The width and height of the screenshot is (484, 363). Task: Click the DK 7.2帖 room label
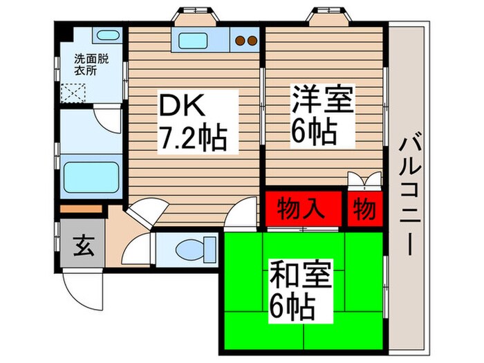(194, 124)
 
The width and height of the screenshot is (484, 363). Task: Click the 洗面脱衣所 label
(88, 64)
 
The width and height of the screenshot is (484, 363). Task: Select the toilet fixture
(188, 247)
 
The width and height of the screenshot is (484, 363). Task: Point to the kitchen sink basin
(198, 39)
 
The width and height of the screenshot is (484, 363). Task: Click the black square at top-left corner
(64, 32)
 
